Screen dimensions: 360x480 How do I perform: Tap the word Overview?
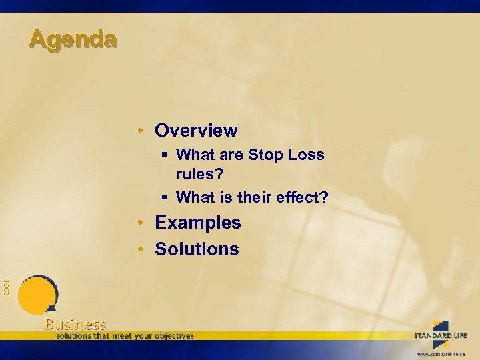(x=196, y=130)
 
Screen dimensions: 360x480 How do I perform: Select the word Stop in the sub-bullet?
(x=265, y=155)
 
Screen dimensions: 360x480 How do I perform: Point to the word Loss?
(x=306, y=155)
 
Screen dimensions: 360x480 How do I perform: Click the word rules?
(x=201, y=175)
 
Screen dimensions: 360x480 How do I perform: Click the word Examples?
(x=198, y=223)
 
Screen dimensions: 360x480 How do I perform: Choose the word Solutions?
(x=197, y=249)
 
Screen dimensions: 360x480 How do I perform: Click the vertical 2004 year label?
(x=6, y=287)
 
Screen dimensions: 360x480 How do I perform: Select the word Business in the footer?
(x=75, y=324)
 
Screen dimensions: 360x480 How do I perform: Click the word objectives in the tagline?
(x=172, y=335)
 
